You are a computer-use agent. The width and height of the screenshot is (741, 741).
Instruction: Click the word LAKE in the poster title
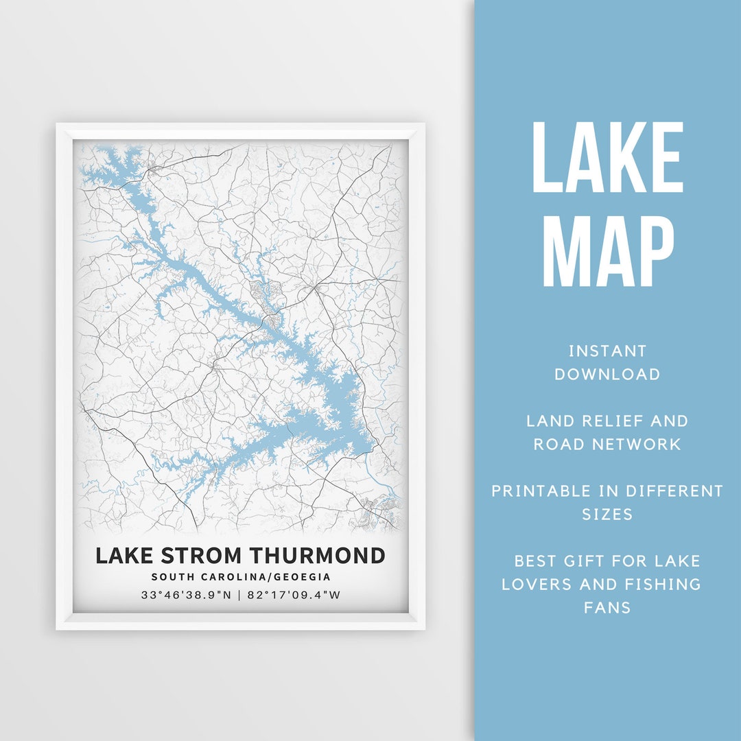(x=122, y=555)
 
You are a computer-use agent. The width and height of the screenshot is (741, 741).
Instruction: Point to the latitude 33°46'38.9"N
(x=186, y=595)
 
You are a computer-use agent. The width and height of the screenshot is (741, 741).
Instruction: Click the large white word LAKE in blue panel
(x=608, y=158)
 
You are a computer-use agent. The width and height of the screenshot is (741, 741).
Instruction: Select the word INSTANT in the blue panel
(x=607, y=351)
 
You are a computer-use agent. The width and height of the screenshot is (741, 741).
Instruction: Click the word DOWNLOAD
(x=607, y=375)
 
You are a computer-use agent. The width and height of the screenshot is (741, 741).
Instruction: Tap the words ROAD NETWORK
(x=607, y=445)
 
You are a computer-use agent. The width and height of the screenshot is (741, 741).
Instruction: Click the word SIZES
(x=607, y=515)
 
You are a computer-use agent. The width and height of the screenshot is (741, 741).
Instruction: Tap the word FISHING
(x=662, y=585)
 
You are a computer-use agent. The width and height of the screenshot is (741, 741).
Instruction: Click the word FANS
(x=607, y=608)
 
